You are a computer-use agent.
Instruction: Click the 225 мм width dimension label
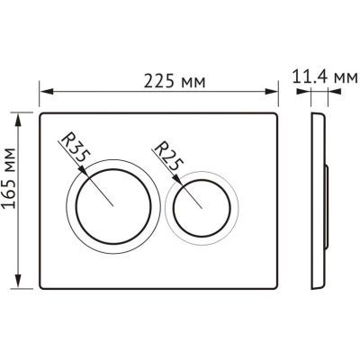pyautogui.click(x=175, y=81)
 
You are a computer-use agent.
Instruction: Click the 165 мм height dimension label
pyautogui.click(x=9, y=177)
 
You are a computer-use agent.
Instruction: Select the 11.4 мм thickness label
pyautogui.click(x=325, y=77)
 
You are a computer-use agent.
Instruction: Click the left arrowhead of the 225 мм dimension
pyautogui.click(x=47, y=92)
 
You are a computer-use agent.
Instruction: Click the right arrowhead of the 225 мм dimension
pyautogui.click(x=271, y=92)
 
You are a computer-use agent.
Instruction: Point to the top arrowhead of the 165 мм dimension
pyautogui.click(x=19, y=120)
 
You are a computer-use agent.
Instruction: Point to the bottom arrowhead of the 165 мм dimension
pyautogui.click(x=19, y=282)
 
